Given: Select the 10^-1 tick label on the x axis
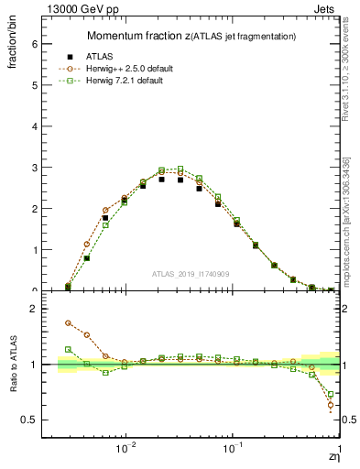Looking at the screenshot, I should [x=233, y=450].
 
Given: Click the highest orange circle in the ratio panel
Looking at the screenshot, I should [x=68, y=322].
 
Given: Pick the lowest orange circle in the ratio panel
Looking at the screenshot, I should [x=330, y=405].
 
